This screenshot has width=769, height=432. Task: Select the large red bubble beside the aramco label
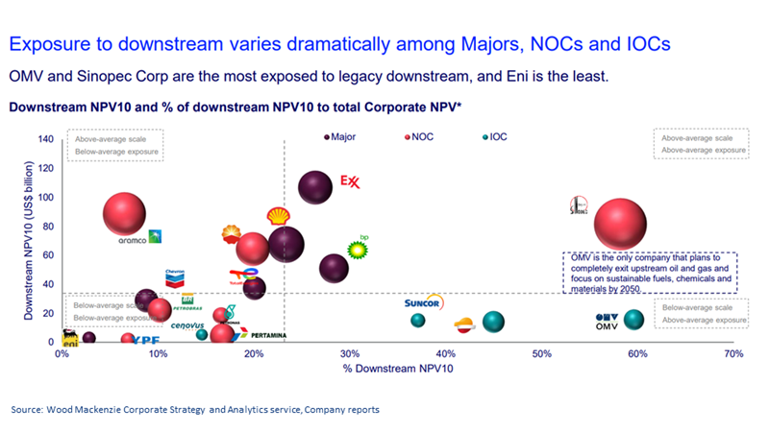pos(122,213)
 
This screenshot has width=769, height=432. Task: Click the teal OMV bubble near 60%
pos(633,320)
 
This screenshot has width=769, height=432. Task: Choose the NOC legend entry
pos(421,137)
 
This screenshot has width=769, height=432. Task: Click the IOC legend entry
pos(494,137)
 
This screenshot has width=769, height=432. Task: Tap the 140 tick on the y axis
pos(45,139)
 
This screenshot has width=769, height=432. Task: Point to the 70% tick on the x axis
pos(733,354)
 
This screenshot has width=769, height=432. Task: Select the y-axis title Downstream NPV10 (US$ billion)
pos(30,240)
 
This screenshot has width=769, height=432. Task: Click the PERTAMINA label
pos(271,335)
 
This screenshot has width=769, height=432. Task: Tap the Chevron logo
pos(175,278)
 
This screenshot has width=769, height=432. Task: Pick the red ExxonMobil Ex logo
pos(350,181)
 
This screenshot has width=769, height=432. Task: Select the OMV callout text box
pos(650,273)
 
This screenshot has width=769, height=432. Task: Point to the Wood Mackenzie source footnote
pos(195,410)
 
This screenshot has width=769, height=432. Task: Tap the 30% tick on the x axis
pos(350,354)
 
